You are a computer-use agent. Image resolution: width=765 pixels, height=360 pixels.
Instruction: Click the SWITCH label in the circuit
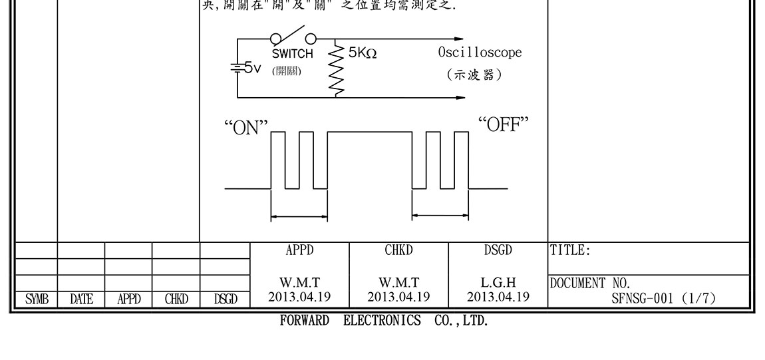click(x=292, y=55)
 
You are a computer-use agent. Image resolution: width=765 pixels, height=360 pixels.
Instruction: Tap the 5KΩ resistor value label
click(x=363, y=53)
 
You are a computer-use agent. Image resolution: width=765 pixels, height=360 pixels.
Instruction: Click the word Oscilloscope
click(x=480, y=53)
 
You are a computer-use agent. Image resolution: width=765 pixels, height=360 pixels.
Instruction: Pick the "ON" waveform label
click(x=246, y=127)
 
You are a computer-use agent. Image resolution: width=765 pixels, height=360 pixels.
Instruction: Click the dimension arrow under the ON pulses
click(x=299, y=216)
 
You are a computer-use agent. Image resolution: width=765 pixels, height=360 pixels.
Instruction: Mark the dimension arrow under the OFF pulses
click(x=440, y=215)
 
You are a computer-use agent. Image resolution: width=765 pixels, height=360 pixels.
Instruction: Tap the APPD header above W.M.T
click(x=299, y=251)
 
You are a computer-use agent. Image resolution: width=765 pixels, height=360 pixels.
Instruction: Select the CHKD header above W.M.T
click(x=399, y=251)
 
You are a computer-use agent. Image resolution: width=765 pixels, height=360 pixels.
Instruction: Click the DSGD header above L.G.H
click(x=498, y=251)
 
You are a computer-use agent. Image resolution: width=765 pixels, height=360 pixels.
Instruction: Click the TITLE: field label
click(x=571, y=251)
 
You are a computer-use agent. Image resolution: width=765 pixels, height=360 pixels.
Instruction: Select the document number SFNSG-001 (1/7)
click(x=663, y=299)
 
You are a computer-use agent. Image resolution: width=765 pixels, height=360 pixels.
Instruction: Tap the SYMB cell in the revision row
click(x=34, y=300)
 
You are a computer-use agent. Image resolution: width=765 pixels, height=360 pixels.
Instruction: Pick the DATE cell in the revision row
click(x=81, y=300)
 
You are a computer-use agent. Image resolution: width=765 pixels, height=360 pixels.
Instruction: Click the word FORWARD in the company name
click(x=304, y=321)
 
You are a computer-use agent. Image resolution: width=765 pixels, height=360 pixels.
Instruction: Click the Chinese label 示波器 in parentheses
click(x=474, y=75)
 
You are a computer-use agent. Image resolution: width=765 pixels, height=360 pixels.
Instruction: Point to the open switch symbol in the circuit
click(x=292, y=37)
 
